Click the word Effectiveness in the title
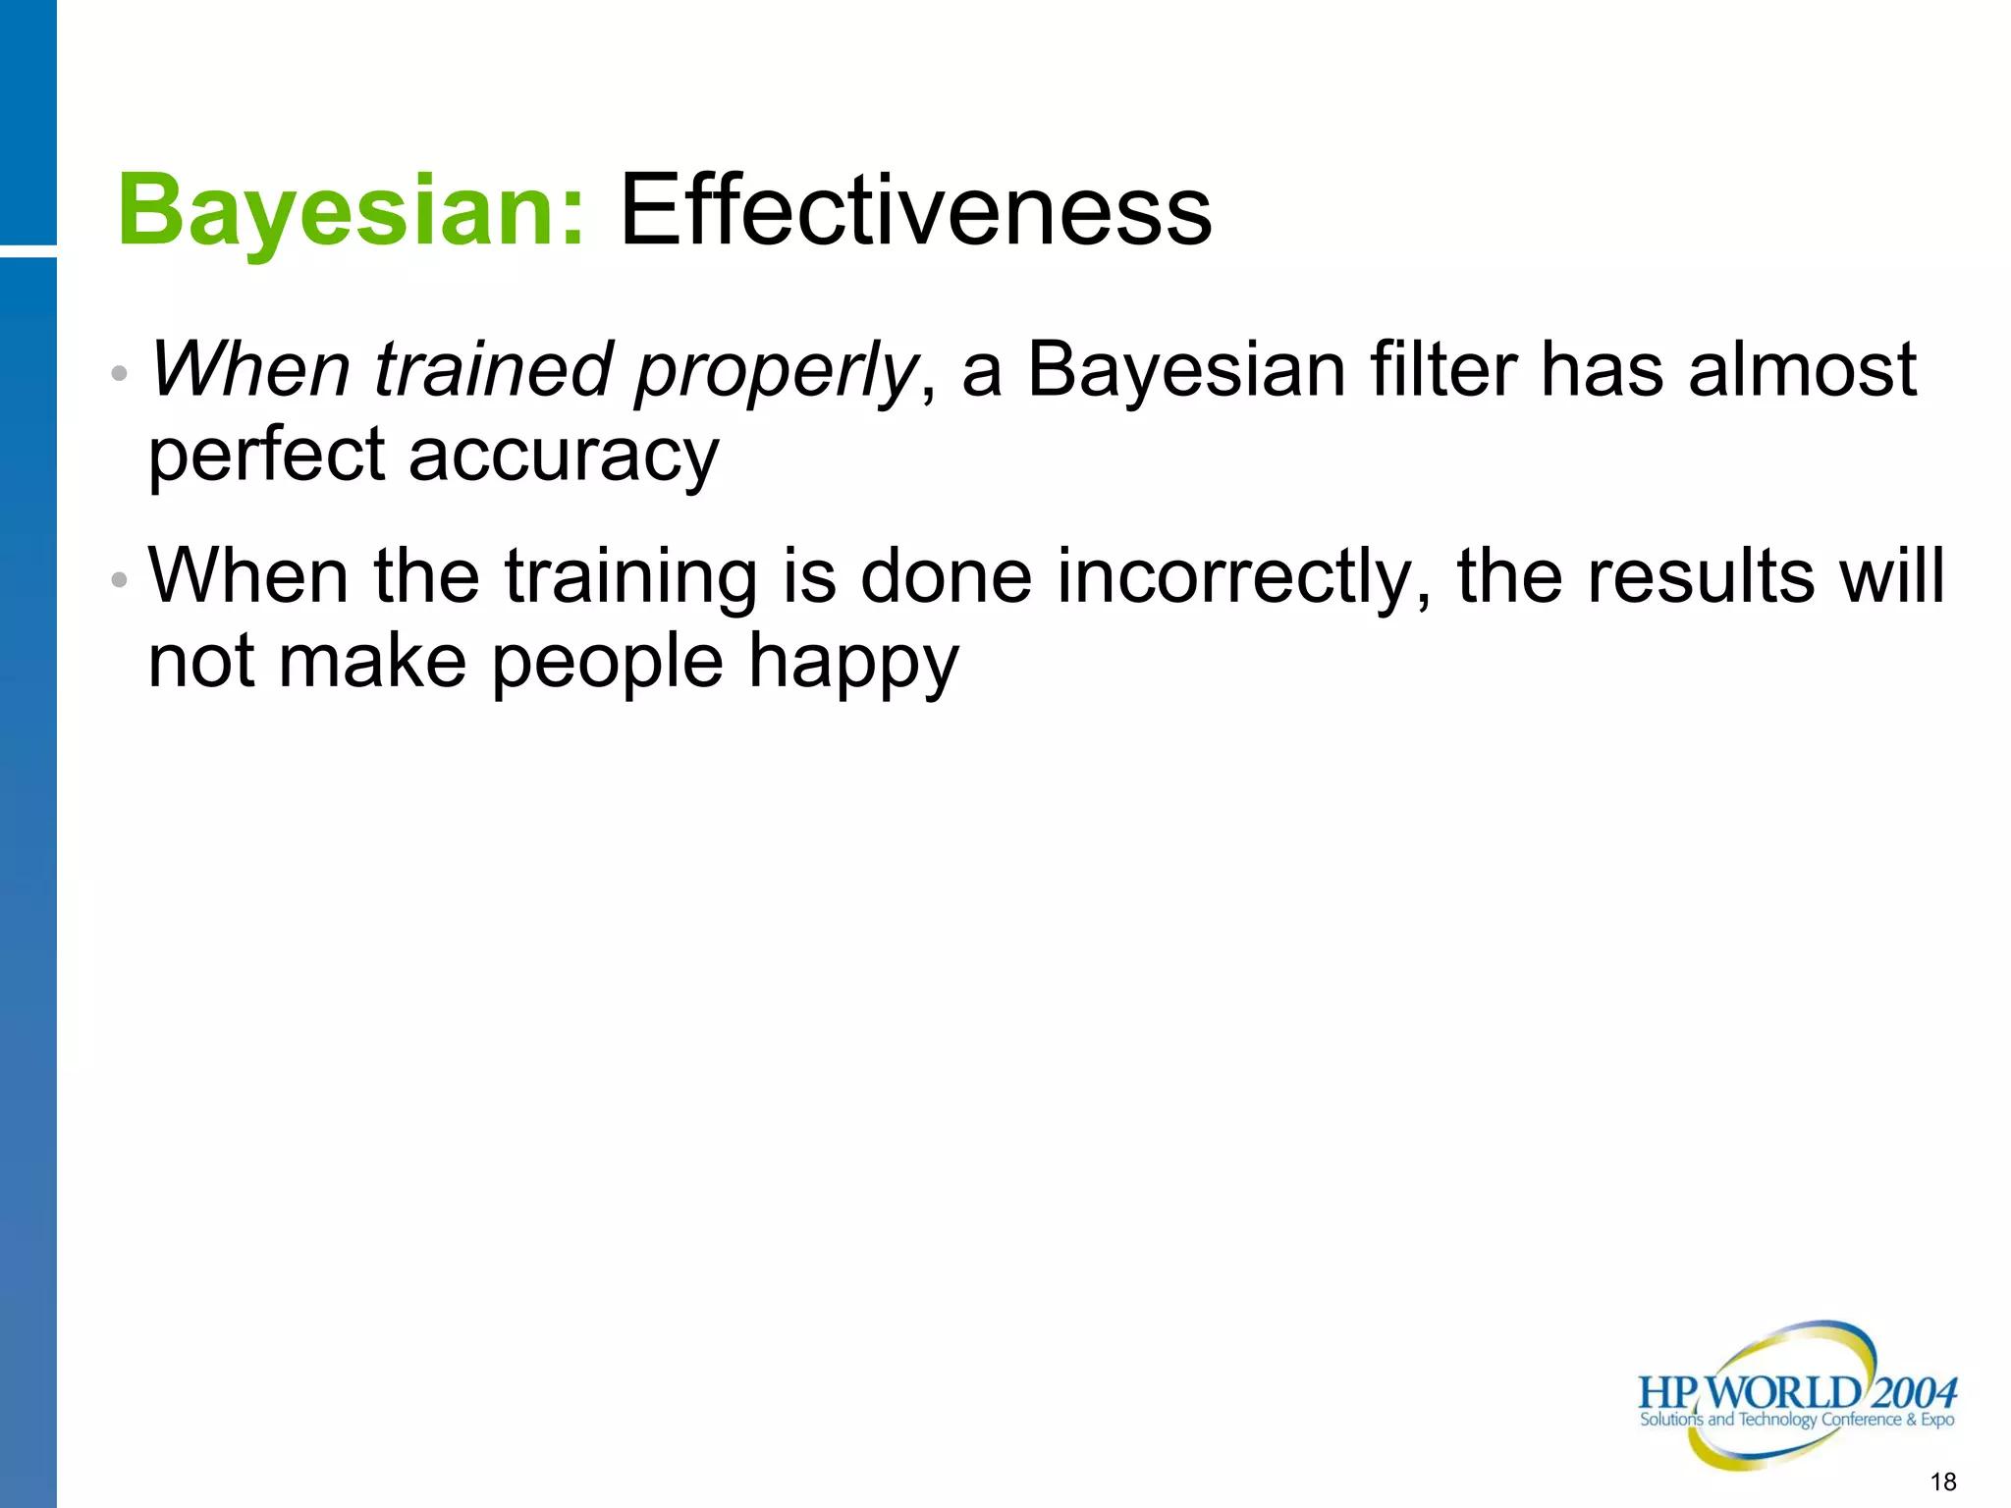pos(915,211)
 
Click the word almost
pos(1802,370)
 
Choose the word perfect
pos(266,457)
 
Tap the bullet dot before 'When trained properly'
pos(120,374)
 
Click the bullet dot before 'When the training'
pos(120,580)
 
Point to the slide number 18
pos(1942,1481)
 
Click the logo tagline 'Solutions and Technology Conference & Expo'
pos(1796,1420)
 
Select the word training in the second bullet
pos(630,577)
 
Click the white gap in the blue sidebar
pos(27,251)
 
